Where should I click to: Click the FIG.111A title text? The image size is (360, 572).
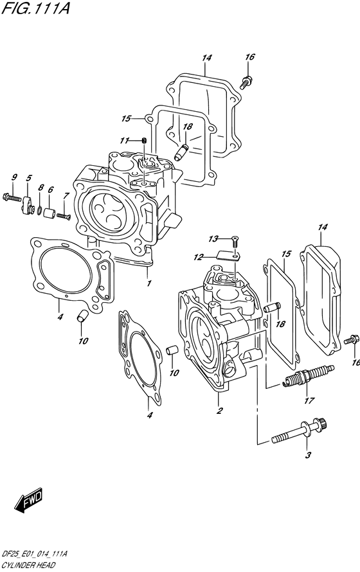pyautogui.click(x=35, y=8)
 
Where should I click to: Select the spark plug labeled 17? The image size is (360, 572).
pyautogui.click(x=309, y=375)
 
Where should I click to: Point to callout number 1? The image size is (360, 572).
pyautogui.click(x=148, y=283)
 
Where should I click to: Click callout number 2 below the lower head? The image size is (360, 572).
pyautogui.click(x=219, y=411)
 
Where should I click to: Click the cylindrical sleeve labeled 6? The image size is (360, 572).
pyautogui.click(x=50, y=213)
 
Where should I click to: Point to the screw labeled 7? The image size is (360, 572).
pyautogui.click(x=63, y=217)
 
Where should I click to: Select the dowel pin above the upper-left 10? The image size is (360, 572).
pyautogui.click(x=82, y=316)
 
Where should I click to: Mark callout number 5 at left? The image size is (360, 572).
pyautogui.click(x=29, y=178)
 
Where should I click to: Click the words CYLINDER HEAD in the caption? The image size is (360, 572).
pyautogui.click(x=28, y=566)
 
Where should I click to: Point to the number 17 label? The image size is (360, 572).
pyautogui.click(x=309, y=401)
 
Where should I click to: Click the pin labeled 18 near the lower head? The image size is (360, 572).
pyautogui.click(x=272, y=307)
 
